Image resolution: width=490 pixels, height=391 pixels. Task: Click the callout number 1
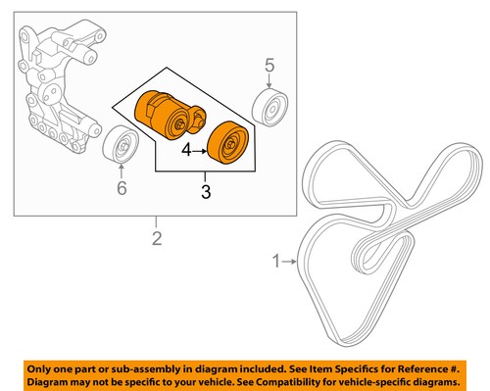pos(275,261)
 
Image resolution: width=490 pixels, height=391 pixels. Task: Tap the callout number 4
pos(186,152)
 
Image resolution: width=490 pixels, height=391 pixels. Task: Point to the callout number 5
pos(269,66)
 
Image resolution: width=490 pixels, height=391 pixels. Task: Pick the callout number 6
pos(122,186)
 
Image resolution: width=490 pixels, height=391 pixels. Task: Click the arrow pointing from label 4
pos(205,152)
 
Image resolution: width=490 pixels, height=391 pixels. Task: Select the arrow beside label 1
pos(291,261)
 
